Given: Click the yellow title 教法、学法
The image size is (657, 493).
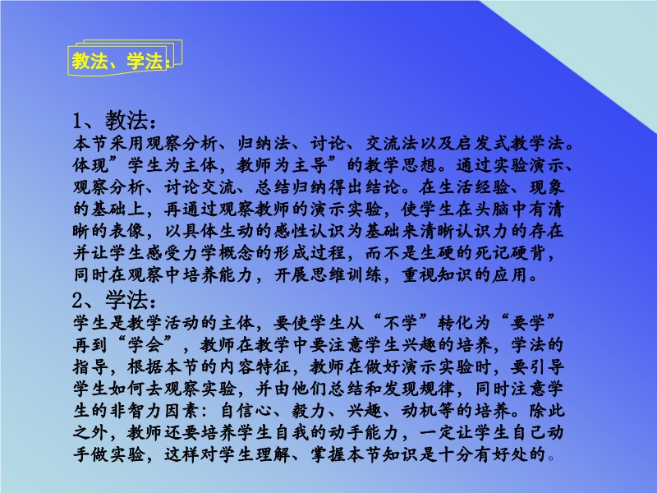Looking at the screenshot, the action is click(x=117, y=61).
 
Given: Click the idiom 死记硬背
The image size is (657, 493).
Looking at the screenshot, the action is click(x=510, y=252).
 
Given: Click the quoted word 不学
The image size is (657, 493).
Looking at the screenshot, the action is click(x=401, y=323).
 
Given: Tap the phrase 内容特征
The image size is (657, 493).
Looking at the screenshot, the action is click(x=255, y=366).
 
